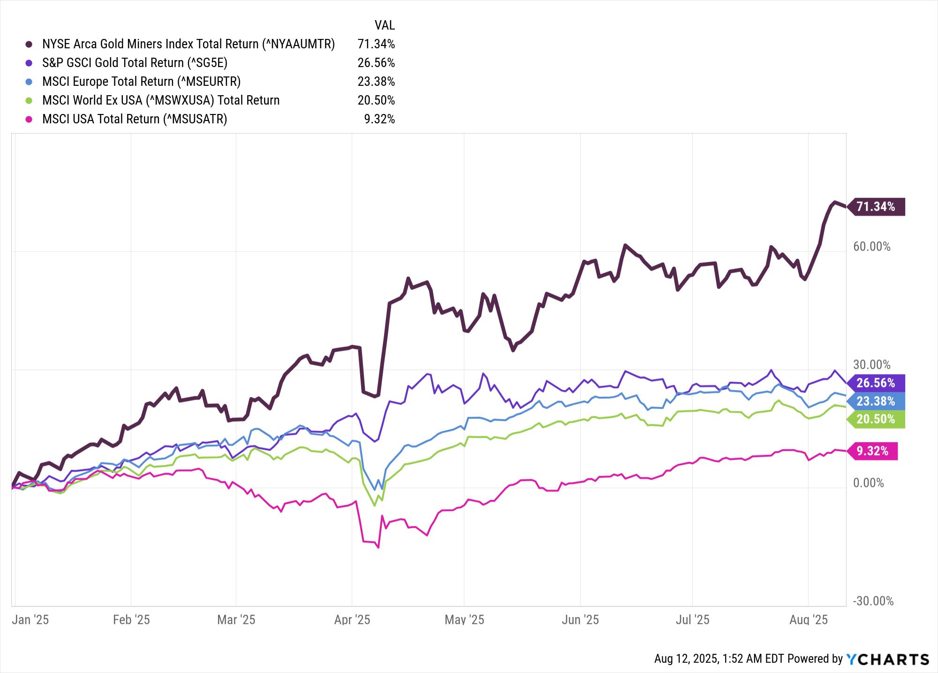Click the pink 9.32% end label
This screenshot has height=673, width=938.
(x=872, y=451)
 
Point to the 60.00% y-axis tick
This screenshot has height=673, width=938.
(x=871, y=247)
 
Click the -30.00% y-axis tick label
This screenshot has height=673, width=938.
(x=873, y=601)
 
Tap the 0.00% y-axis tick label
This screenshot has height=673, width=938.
(x=868, y=483)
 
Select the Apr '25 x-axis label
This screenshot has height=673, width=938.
(x=352, y=620)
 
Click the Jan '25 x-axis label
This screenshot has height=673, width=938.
(x=30, y=620)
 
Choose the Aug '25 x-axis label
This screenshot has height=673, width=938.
(x=809, y=620)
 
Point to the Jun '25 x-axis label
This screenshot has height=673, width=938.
(x=580, y=620)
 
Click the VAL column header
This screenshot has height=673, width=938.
(x=385, y=25)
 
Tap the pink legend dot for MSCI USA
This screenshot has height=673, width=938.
(x=29, y=119)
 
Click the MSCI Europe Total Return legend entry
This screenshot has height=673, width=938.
(x=141, y=82)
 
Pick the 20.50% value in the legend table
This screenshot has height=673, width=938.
(x=376, y=100)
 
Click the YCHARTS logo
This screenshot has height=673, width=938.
(x=887, y=659)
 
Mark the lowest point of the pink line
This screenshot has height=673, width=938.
(x=378, y=547)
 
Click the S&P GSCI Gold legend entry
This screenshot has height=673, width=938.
(x=135, y=63)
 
